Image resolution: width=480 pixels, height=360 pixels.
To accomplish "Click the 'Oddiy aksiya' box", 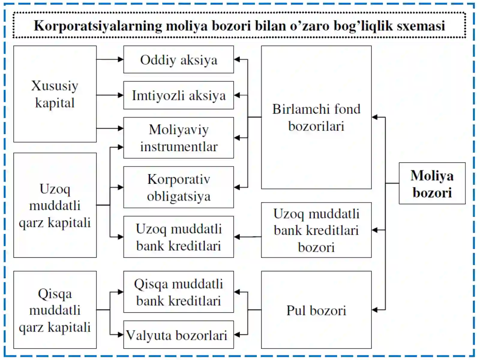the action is pos(178,59).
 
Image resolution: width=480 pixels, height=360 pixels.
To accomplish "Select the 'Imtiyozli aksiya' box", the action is pos(178,95).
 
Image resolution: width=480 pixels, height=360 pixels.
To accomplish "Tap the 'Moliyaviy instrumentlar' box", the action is pos(178,138).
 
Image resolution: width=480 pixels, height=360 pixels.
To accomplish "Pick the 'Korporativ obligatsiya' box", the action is pos(178,187).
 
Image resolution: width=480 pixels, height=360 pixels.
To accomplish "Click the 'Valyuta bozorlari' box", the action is pos(178,334).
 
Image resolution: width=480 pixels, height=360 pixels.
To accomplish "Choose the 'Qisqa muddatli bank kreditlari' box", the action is pos(178,292).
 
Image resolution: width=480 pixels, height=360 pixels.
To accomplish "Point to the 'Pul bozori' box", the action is pos(316,310).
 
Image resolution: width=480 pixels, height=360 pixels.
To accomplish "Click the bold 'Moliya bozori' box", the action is pos(432,183).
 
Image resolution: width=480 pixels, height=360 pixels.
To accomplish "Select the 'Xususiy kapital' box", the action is pos(55,94).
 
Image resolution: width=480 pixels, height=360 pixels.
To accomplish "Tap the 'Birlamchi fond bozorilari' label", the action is pos(316,118).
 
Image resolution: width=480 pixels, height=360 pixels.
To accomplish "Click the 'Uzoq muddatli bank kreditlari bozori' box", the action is pos(316,230).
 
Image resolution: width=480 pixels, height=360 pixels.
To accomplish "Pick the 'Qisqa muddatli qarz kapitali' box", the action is pos(55,310).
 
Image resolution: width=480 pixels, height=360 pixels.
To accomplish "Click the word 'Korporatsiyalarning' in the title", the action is pos(98,26).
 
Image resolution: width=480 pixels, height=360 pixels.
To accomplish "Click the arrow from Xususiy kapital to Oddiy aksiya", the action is pos(110,59).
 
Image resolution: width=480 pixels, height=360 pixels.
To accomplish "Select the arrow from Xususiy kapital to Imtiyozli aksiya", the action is pos(110,95).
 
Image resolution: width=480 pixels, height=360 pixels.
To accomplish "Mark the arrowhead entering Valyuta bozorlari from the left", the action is pos(121,334).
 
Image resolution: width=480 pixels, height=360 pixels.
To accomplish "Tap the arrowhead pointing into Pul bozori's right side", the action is pos(375,310).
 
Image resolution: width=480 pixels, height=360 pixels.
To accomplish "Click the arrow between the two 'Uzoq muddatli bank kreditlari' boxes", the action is pos(247,237).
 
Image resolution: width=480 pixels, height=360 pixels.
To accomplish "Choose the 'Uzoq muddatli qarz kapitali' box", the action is pos(55,205).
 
